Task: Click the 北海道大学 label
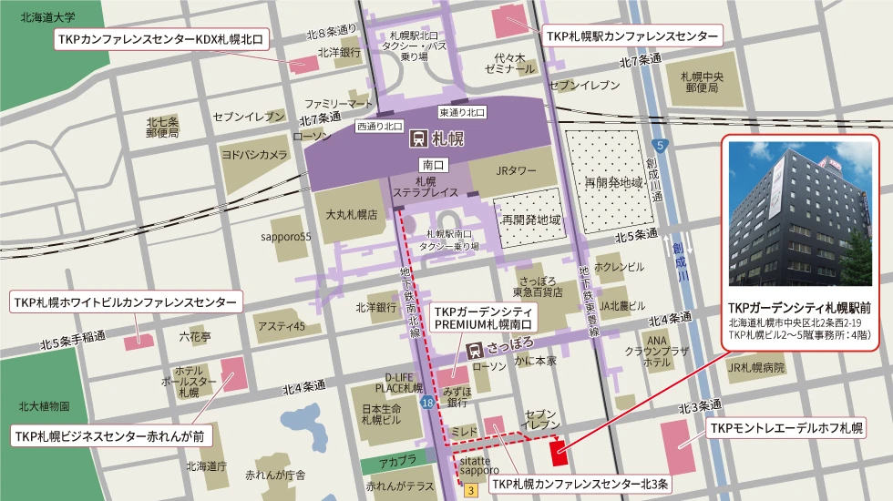click(x=48, y=17)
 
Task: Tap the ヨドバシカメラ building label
click(x=254, y=155)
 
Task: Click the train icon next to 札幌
click(x=418, y=139)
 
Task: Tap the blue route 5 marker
click(x=660, y=145)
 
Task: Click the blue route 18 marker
click(x=427, y=402)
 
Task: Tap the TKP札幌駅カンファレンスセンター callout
click(x=631, y=37)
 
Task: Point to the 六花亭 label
click(x=194, y=336)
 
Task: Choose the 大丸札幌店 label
click(x=352, y=216)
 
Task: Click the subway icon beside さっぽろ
click(x=474, y=349)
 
